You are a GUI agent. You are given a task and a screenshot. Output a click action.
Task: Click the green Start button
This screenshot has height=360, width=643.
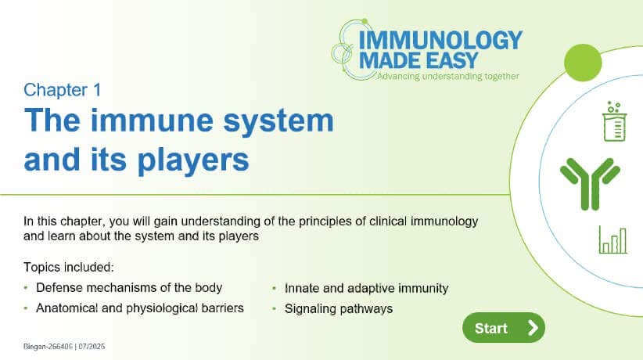tap(503, 328)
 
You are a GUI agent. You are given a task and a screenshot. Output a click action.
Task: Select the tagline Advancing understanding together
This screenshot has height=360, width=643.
tap(447, 77)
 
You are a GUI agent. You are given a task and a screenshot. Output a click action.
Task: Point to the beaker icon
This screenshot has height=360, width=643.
tap(615, 121)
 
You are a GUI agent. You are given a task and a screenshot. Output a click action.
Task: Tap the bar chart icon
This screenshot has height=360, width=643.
tap(612, 239)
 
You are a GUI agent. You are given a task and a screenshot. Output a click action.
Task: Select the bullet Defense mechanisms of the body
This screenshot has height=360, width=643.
tap(128, 287)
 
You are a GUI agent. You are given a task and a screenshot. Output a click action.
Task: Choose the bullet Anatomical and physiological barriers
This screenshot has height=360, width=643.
tap(139, 308)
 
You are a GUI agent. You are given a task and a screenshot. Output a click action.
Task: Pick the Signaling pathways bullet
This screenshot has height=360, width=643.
tap(338, 308)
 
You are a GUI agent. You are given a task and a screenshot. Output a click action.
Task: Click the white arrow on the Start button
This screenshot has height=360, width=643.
tap(533, 328)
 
